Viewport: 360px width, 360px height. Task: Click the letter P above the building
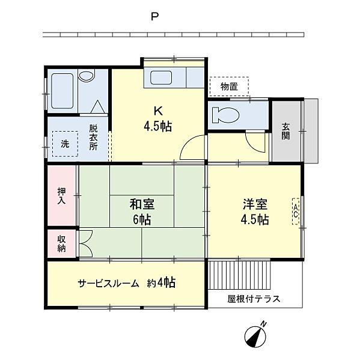coord(155,17)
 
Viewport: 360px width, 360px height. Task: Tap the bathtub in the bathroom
coord(62,91)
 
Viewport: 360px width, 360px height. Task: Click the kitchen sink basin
coord(161,78)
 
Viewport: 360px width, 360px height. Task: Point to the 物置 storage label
coord(229,87)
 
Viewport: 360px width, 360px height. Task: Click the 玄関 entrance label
coord(286,132)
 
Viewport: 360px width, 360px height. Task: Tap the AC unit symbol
coord(296,211)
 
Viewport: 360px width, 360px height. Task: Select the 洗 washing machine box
coord(65,144)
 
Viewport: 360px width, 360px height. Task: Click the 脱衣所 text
coord(93,137)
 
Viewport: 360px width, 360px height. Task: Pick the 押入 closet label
coord(61,196)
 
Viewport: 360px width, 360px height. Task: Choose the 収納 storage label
coord(61,244)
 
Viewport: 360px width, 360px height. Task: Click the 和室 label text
coord(142,204)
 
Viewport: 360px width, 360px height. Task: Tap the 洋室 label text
coord(255,204)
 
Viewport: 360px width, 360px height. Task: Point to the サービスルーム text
coord(109,283)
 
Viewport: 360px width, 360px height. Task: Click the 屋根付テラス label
coord(254,299)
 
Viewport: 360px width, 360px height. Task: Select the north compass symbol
coord(255,336)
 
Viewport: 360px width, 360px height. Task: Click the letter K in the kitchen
coord(158,111)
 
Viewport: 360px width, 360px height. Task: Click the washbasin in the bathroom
coord(87,76)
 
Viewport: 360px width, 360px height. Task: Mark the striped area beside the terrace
coord(239,275)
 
